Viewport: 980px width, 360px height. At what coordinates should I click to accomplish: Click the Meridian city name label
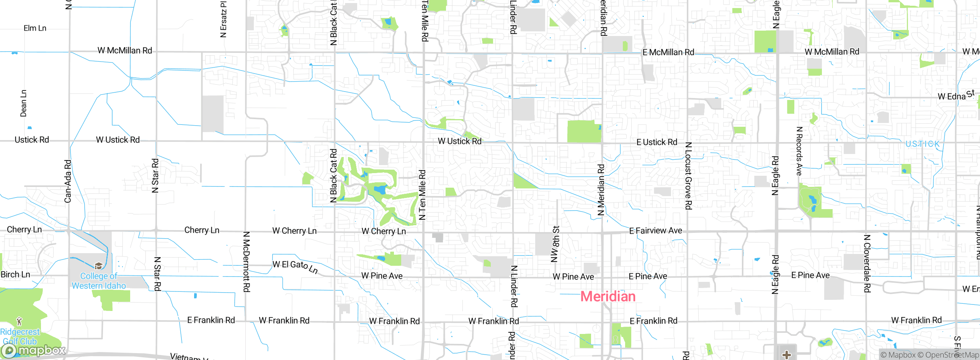click(608, 296)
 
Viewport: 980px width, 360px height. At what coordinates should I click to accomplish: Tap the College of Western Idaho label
click(99, 281)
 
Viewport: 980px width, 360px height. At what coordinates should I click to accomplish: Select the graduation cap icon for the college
click(98, 266)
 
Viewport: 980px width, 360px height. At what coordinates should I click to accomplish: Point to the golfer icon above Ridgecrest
click(19, 321)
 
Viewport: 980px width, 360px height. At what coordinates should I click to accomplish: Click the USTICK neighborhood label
click(923, 144)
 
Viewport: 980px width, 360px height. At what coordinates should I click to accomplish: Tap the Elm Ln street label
click(35, 28)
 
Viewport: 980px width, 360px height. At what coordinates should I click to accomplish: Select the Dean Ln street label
click(24, 103)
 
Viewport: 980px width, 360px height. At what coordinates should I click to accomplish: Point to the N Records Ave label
click(799, 151)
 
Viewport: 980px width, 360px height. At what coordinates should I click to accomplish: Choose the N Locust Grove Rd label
click(688, 176)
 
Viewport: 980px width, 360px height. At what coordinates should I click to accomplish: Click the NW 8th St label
click(555, 244)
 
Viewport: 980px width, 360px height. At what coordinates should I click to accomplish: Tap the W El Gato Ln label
click(295, 266)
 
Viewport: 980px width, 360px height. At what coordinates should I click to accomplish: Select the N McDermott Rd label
click(247, 262)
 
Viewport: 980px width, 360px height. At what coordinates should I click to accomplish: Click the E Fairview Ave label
click(655, 231)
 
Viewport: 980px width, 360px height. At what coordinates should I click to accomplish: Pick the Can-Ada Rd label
click(68, 181)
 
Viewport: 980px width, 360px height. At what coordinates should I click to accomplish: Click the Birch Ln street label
click(15, 275)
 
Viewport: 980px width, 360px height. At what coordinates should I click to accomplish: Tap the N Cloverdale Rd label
click(867, 263)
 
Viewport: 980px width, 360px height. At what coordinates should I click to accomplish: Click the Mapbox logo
click(34, 350)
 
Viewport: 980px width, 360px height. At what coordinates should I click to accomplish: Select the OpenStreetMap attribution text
click(951, 355)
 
